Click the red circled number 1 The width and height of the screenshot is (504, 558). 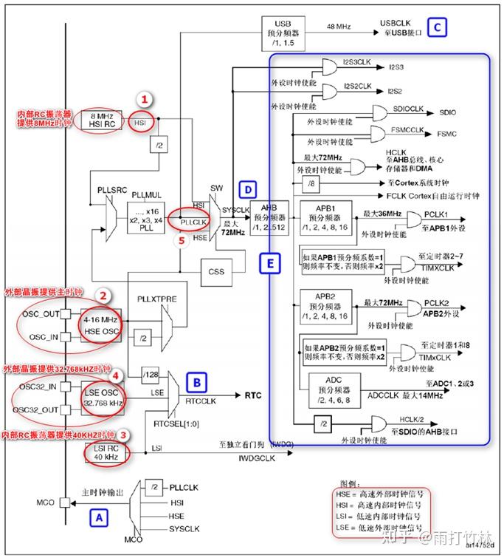(145, 98)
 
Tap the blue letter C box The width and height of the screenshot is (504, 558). (438, 28)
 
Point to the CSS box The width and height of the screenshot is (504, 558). (215, 271)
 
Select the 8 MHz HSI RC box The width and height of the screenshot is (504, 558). (101, 119)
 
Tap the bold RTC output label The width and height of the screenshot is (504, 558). (253, 395)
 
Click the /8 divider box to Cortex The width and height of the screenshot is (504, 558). (313, 183)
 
